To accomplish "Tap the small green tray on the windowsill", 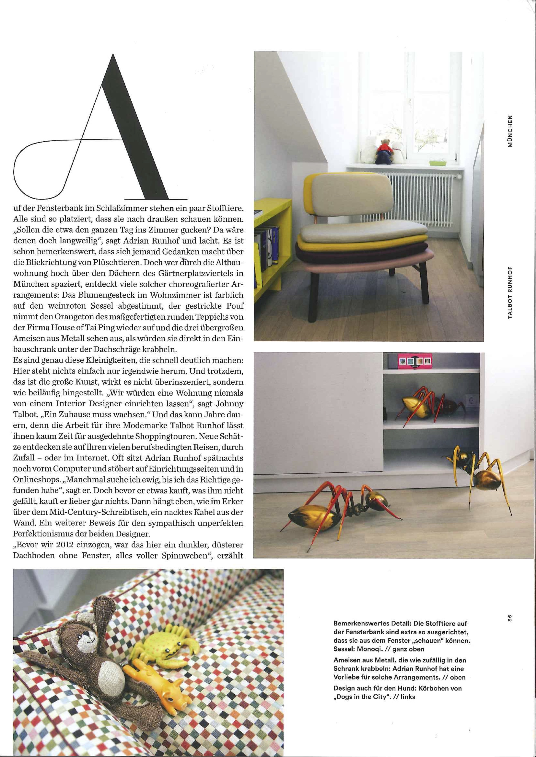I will point(436,163).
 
